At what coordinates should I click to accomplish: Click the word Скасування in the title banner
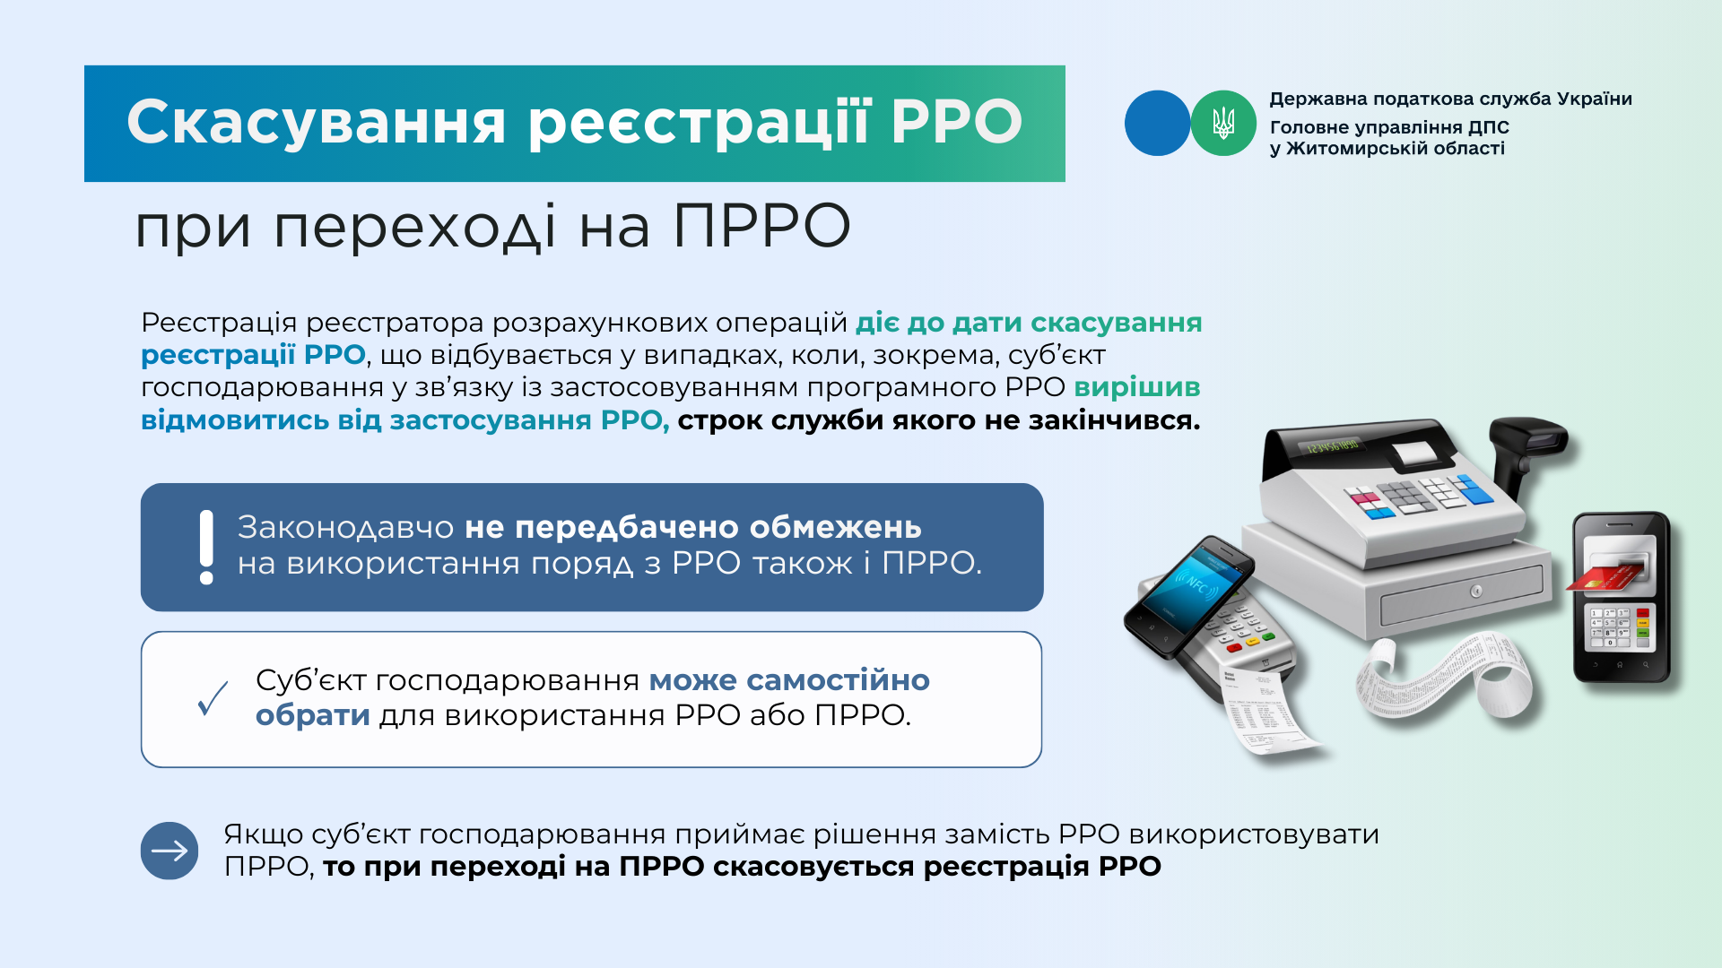(x=317, y=123)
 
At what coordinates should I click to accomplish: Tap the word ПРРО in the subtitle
(x=761, y=226)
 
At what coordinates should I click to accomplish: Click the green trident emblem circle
(x=1223, y=123)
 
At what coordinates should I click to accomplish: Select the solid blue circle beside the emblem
(x=1158, y=123)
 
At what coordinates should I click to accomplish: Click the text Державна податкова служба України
(x=1450, y=99)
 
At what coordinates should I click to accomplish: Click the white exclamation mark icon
(x=206, y=547)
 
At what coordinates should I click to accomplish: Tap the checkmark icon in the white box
(x=213, y=698)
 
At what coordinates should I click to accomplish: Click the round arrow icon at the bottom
(x=170, y=851)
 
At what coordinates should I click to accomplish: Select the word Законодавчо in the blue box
(x=346, y=527)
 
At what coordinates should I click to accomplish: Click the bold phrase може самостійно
(x=789, y=680)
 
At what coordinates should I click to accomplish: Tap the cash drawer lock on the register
(x=1475, y=592)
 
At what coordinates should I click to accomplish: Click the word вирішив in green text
(x=1137, y=387)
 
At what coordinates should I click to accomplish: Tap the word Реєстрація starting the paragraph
(x=219, y=324)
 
